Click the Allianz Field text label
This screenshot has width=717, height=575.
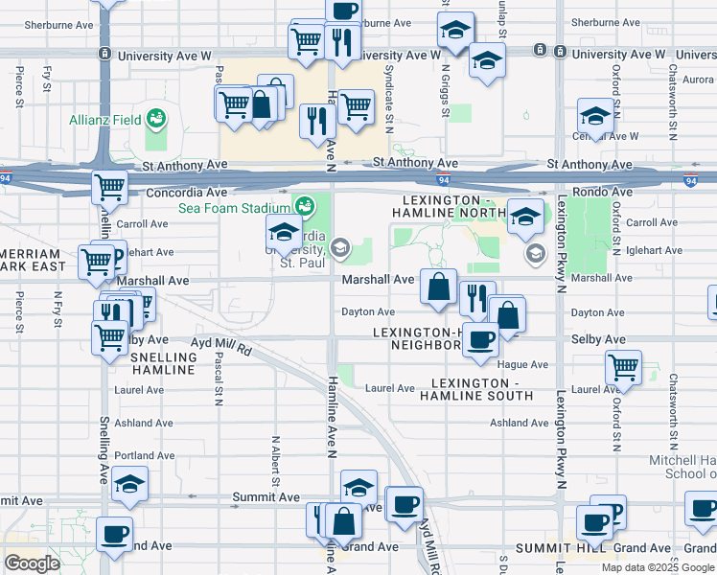point(104,120)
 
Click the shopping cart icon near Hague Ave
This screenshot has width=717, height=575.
point(624,366)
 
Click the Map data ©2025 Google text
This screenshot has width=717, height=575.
point(658,567)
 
